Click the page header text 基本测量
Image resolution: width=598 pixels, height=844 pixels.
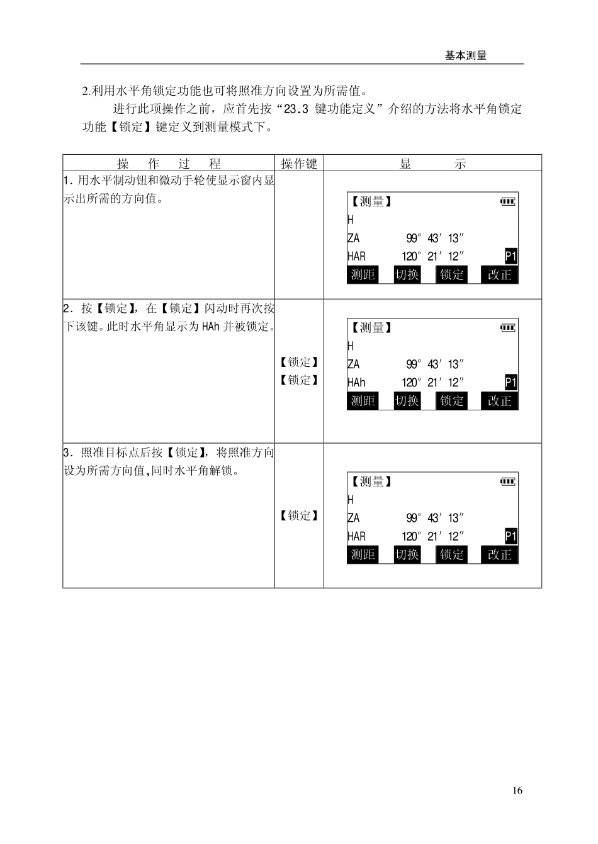465,55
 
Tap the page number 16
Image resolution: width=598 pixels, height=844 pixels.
517,791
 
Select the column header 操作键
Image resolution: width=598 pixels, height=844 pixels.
299,164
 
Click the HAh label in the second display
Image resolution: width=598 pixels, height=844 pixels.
356,383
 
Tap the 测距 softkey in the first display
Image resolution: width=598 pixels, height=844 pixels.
363,275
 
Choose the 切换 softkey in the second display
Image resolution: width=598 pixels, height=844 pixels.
407,401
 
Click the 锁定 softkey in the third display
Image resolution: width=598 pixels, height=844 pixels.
452,554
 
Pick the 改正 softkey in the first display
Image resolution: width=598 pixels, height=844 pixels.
500,275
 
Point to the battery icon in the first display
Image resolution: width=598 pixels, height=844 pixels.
508,201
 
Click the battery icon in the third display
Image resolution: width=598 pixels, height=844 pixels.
508,481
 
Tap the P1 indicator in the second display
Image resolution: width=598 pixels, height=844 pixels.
511,383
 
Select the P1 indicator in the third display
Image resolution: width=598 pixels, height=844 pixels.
511,536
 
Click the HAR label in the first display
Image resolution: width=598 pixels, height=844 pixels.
356,256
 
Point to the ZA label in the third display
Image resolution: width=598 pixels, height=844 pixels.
353,518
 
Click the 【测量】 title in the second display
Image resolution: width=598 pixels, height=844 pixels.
371,328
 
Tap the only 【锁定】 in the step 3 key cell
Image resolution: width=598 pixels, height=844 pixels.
299,515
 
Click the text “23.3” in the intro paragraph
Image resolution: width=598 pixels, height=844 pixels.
296,109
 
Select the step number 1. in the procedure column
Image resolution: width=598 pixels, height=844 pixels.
68,181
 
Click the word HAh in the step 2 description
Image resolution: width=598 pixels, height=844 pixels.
211,327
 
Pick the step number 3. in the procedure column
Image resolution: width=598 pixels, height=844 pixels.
68,453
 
